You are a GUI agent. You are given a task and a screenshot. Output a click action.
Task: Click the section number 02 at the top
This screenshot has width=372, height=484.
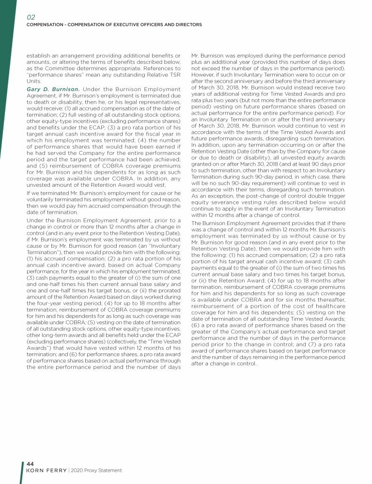coord(31,16)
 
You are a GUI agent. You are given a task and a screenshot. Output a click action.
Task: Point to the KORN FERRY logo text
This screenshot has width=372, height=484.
coord(45,470)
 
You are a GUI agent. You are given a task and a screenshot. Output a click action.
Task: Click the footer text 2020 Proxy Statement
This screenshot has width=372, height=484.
coord(95,470)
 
